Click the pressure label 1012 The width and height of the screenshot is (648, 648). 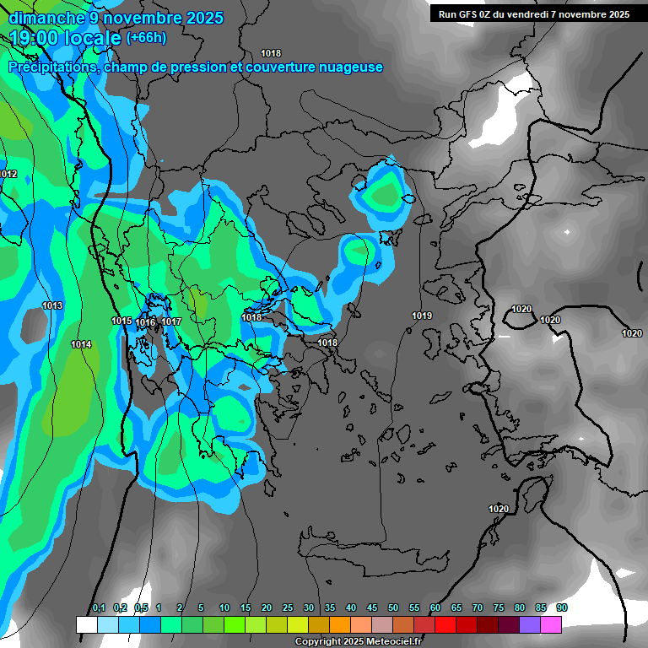(8, 174)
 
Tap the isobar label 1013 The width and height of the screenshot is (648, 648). (52, 305)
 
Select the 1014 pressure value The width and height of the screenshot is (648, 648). (81, 344)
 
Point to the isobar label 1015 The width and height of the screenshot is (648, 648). (121, 321)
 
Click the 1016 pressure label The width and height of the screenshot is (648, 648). (145, 322)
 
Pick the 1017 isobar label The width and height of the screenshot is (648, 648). (171, 321)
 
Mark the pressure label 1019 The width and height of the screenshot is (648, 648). (422, 316)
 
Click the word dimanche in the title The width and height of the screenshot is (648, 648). (46, 18)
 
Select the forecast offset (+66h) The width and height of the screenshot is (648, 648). (146, 38)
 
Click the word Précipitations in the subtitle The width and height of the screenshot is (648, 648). (52, 67)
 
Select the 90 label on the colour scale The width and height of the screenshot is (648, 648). (561, 608)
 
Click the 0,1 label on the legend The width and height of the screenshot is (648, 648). (99, 608)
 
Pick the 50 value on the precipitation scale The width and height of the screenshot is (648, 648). (393, 608)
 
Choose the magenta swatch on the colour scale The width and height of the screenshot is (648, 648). (551, 624)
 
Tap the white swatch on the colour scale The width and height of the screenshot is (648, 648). (86, 624)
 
